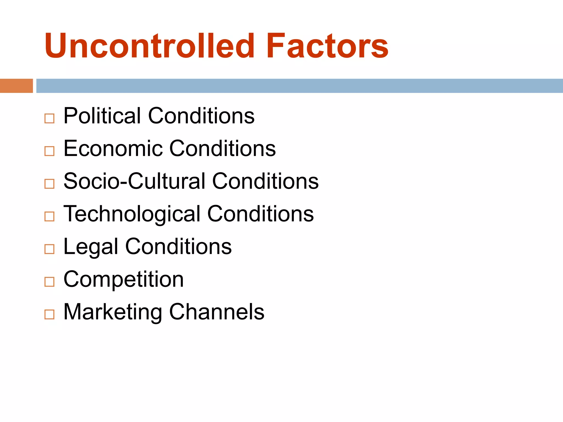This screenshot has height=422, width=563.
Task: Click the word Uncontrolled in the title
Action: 150,46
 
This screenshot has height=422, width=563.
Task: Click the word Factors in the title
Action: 327,46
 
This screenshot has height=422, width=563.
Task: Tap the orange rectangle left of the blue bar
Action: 16,86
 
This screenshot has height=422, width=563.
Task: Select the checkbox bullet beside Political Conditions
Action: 49,118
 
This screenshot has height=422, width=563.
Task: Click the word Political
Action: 102,116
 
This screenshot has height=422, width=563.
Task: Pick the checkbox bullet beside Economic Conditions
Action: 49,151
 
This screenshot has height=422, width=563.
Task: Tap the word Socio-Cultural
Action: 134,181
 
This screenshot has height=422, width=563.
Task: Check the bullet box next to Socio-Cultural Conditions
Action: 49,184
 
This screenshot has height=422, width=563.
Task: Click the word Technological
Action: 132,214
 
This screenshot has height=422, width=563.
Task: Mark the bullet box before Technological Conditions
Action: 49,216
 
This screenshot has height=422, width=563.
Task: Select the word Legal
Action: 91,247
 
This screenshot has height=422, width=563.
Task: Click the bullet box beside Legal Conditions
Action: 49,249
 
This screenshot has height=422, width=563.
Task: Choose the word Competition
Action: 123,279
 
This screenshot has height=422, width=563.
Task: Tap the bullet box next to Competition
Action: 49,282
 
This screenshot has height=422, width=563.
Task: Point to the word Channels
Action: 217,312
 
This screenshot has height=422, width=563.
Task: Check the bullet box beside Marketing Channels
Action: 49,314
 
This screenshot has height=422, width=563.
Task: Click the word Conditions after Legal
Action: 178,246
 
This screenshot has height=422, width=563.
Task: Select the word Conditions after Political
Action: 201,116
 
